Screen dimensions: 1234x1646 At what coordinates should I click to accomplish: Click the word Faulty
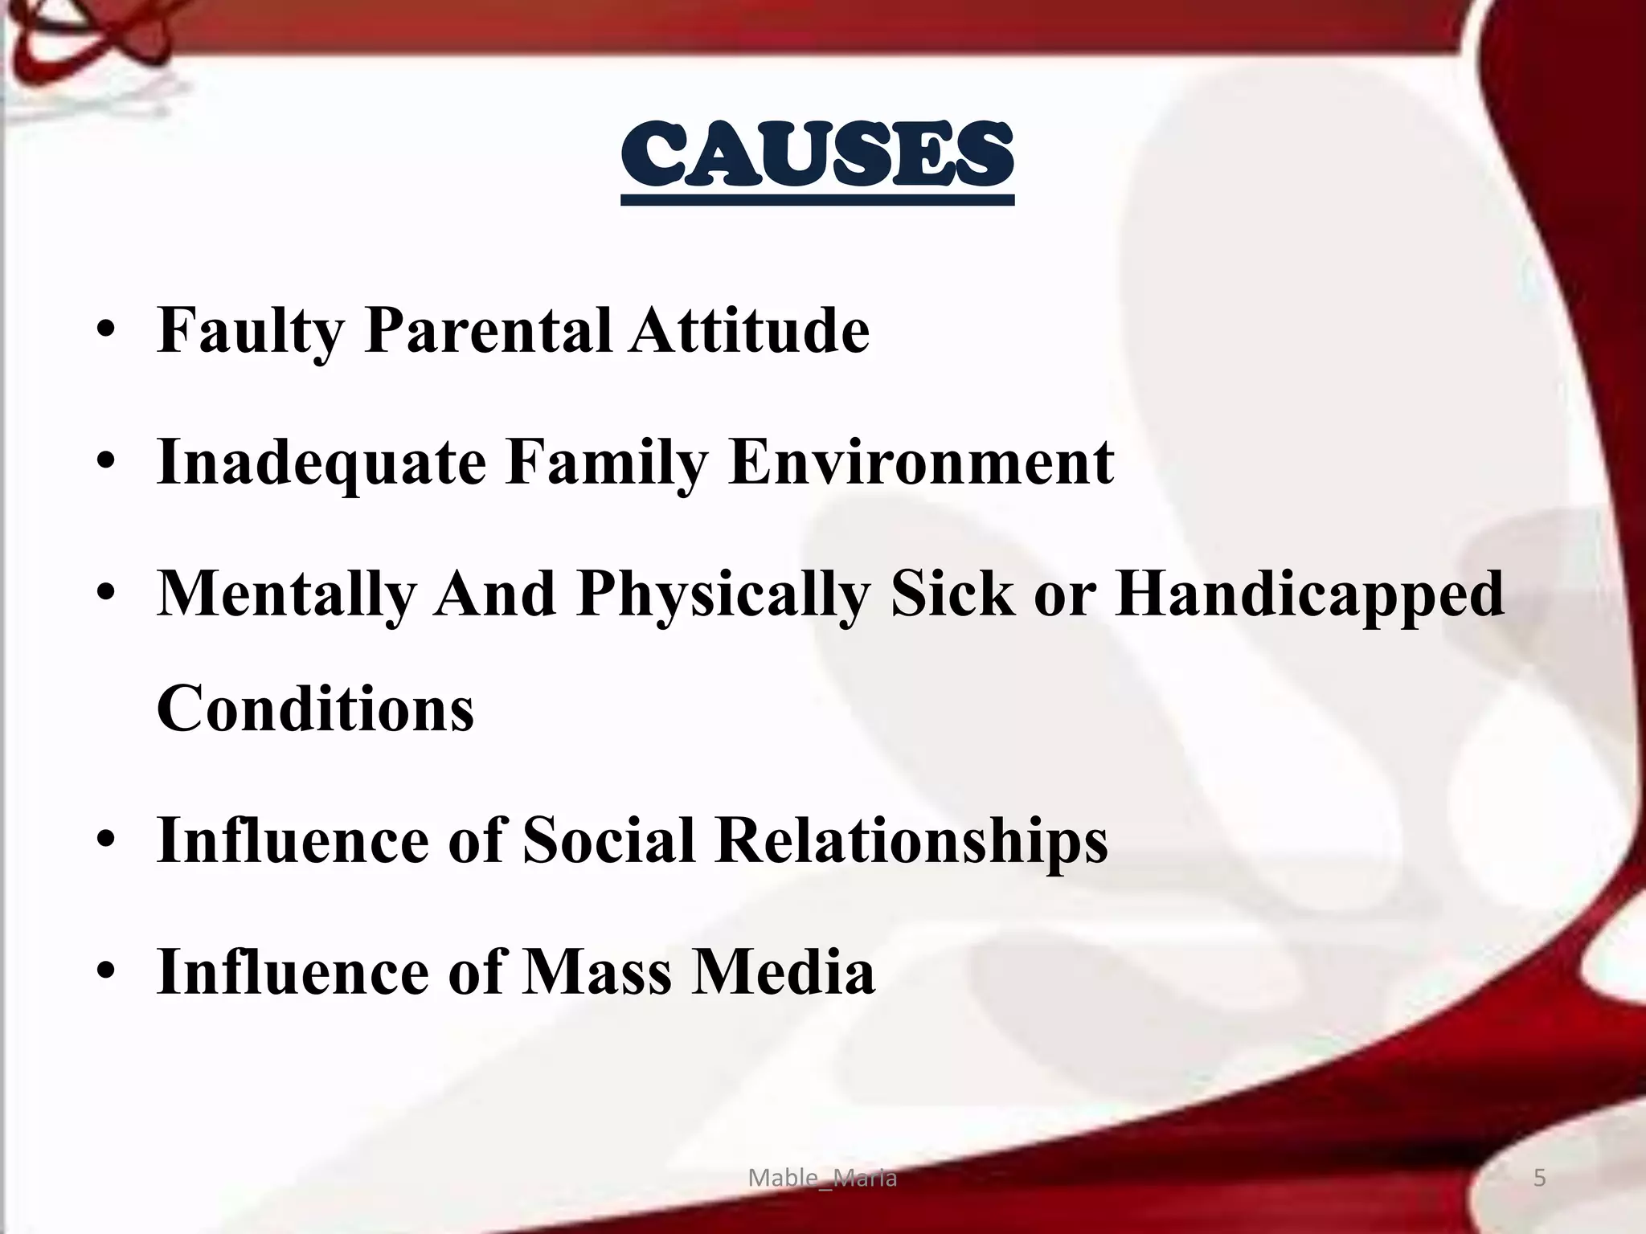coord(251,330)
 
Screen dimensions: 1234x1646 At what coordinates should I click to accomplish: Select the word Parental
coord(488,330)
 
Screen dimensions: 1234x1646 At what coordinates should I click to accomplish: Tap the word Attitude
coord(749,330)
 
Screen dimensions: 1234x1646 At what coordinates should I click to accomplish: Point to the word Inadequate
coord(321,463)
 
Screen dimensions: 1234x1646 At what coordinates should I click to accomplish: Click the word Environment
coord(920,463)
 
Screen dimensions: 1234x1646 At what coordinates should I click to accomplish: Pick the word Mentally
coord(286,595)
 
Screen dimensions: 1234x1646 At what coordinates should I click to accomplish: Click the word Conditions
coord(315,709)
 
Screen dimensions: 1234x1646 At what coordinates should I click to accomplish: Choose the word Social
coord(608,840)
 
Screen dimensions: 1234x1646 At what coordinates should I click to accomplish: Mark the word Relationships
coord(911,840)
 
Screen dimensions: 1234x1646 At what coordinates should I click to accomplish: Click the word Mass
coord(597,972)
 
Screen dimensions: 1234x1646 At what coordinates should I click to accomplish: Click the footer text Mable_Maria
coord(822,1178)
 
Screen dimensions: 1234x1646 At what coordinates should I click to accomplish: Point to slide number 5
coord(1539,1178)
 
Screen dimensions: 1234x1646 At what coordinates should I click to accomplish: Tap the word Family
coord(607,463)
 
